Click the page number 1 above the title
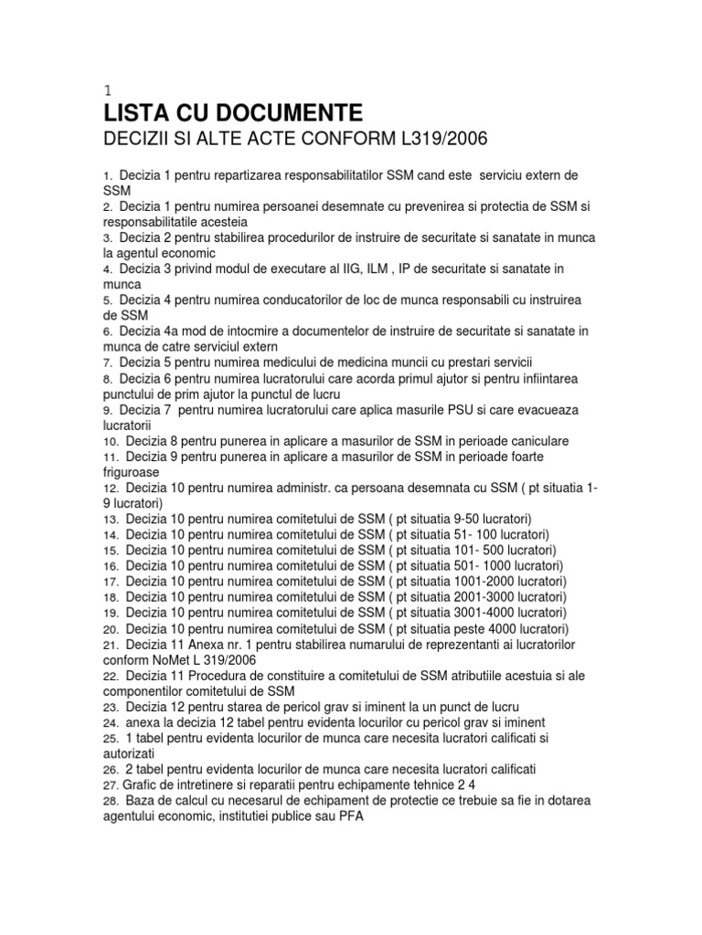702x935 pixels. click(107, 89)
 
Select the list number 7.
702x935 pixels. click(107, 363)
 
